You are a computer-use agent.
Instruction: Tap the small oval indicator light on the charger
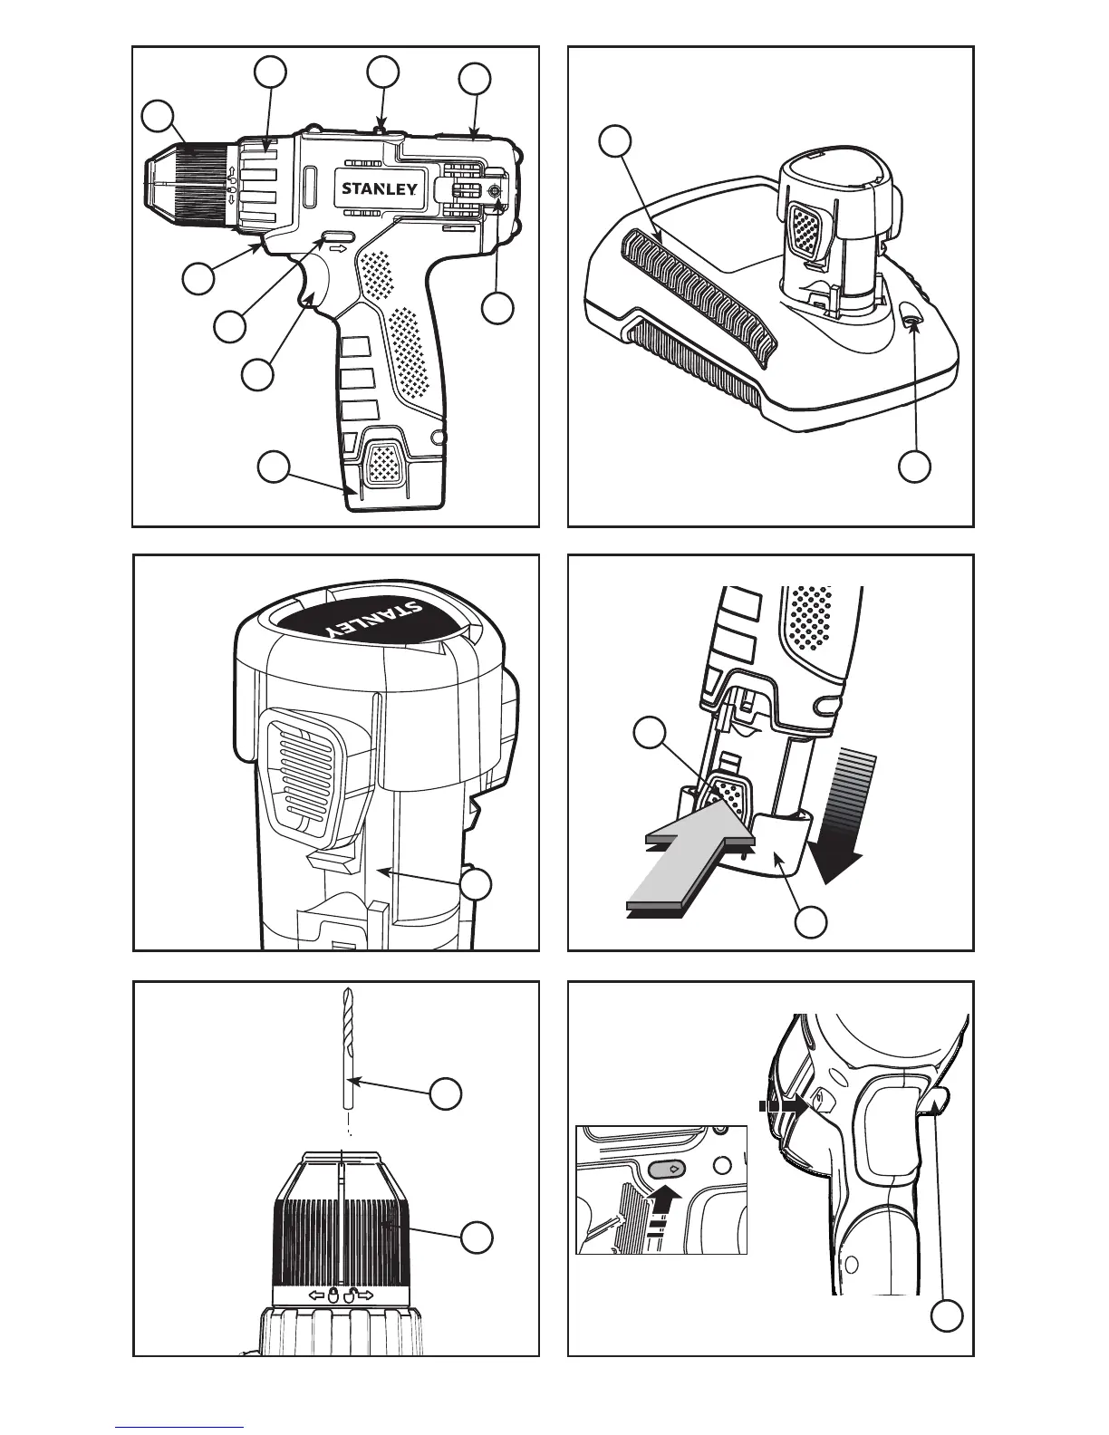point(912,317)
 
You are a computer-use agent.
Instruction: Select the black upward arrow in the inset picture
point(667,1198)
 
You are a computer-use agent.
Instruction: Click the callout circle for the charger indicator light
point(915,466)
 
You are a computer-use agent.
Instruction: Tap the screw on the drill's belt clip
point(494,191)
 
